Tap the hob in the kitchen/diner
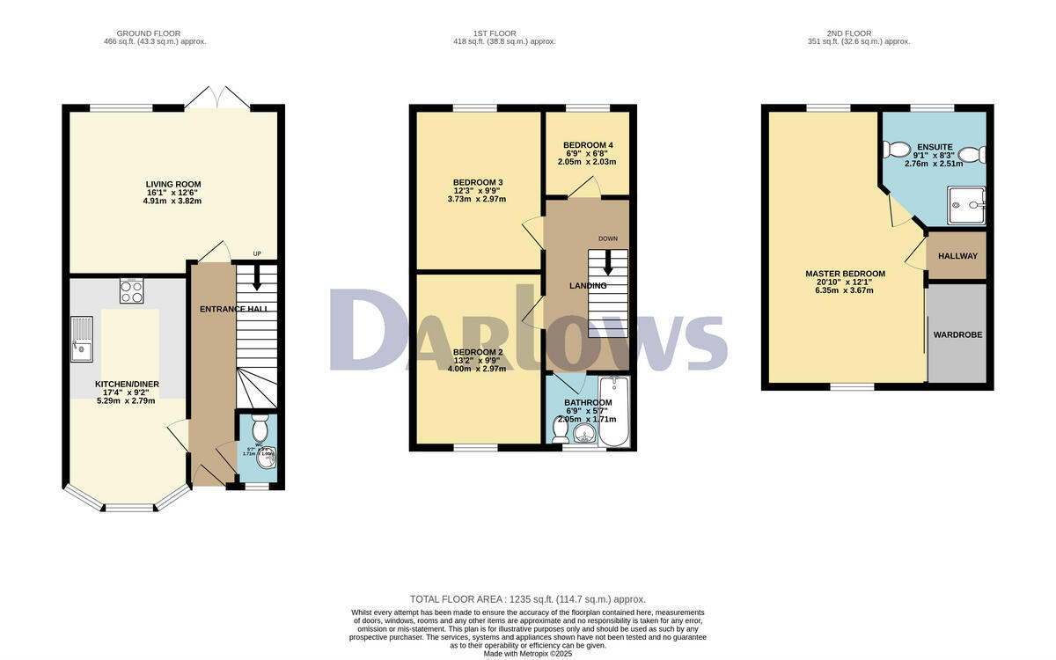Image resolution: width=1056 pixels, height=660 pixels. [x=131, y=291]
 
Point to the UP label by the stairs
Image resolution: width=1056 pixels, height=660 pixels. [x=257, y=254]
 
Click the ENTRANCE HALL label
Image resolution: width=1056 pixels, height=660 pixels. [x=233, y=309]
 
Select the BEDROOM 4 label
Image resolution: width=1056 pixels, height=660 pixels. [x=588, y=145]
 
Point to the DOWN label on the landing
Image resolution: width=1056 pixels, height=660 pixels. [x=608, y=238]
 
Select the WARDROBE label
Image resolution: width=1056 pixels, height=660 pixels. [x=957, y=334]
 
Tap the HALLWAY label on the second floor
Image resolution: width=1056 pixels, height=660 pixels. [x=957, y=256]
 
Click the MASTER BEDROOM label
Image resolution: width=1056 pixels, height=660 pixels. [x=845, y=274]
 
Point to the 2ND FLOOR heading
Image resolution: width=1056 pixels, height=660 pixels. [x=858, y=33]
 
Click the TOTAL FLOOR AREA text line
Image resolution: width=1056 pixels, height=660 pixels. [x=528, y=598]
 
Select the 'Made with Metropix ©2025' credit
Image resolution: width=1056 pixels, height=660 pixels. [x=528, y=654]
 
